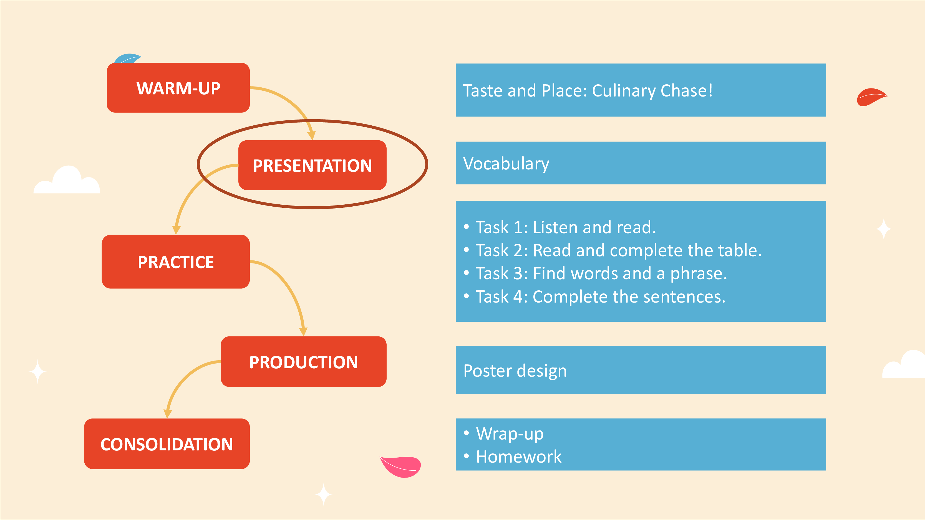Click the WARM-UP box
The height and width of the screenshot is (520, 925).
(178, 88)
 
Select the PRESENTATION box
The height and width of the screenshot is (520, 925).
(312, 165)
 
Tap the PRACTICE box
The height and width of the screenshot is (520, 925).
(176, 262)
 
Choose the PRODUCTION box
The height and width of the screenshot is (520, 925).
(303, 361)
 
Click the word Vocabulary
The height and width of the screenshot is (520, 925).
(506, 164)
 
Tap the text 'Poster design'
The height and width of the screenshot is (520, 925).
(515, 371)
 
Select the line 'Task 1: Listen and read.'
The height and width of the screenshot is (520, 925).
(566, 227)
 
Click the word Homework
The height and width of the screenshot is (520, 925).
(518, 456)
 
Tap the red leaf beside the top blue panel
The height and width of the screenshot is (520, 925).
(871, 97)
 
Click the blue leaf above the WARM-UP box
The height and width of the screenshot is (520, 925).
(127, 59)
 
